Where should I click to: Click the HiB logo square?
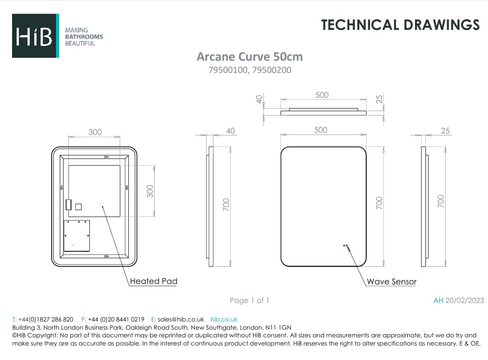click(35, 35)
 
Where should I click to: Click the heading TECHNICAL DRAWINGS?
click(400, 25)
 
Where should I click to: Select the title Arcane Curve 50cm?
click(250, 57)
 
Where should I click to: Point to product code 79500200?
click(272, 70)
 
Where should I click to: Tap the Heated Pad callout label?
click(154, 281)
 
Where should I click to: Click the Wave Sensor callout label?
click(391, 282)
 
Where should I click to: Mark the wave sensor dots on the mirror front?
click(345, 245)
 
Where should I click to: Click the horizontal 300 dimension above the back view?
click(95, 132)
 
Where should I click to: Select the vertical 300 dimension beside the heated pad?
click(150, 192)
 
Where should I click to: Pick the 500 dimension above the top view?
click(322, 95)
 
